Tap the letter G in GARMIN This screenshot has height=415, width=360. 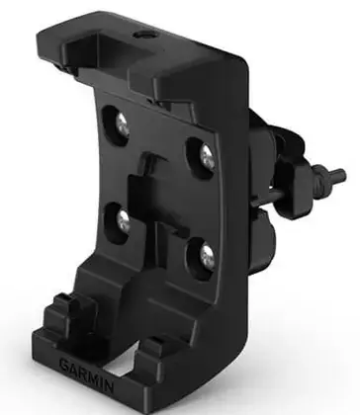pyautogui.click(x=65, y=365)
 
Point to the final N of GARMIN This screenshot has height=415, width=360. pyautogui.click(x=110, y=386)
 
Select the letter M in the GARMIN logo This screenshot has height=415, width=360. pyautogui.click(x=93, y=378)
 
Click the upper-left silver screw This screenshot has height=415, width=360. pyautogui.click(x=122, y=125)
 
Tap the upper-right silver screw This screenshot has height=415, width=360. pyautogui.click(x=208, y=157)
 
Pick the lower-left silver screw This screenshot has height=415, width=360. pyautogui.click(x=124, y=221)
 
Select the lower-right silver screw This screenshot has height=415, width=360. pyautogui.click(x=208, y=257)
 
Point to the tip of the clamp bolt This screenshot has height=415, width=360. pyautogui.click(x=343, y=173)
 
